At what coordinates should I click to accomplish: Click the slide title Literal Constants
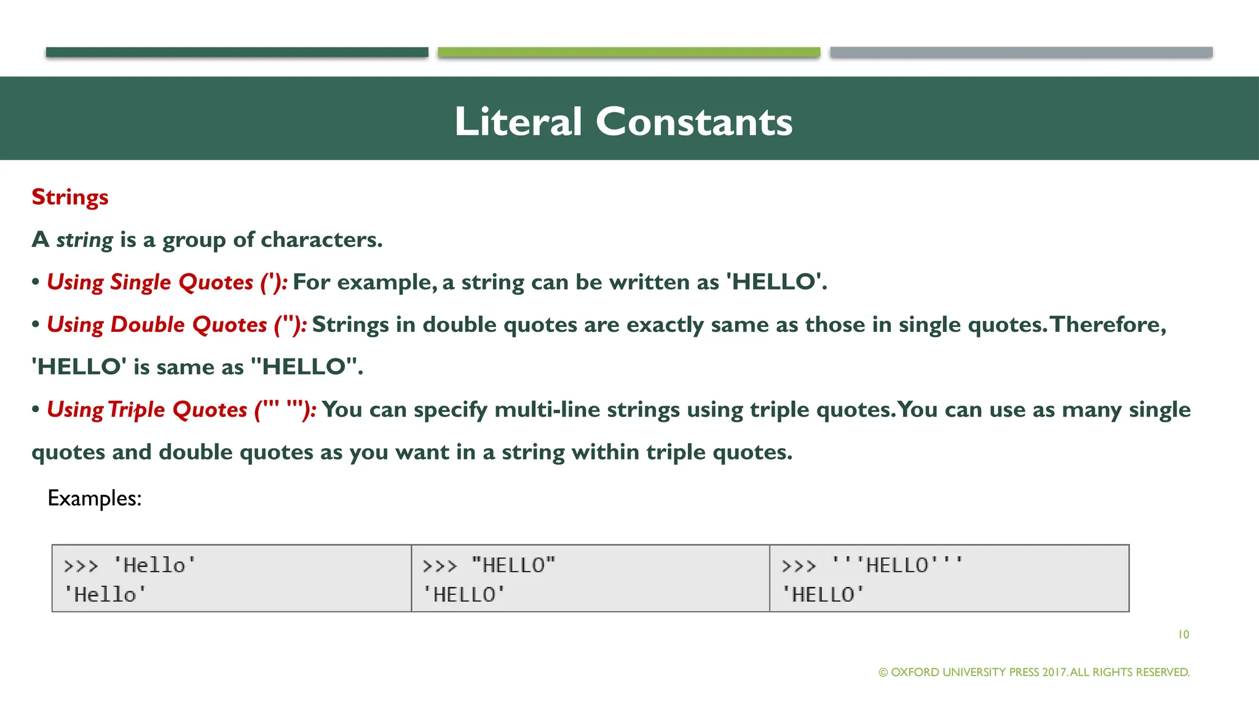[x=623, y=121]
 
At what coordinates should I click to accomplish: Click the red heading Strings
[x=70, y=197]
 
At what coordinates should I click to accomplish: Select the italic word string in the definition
[x=84, y=240]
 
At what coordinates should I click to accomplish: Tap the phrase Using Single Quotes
[x=150, y=282]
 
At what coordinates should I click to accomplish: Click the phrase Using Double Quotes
[x=157, y=324]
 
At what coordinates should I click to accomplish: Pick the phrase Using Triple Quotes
[x=147, y=410]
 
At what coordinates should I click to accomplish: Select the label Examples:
[x=95, y=498]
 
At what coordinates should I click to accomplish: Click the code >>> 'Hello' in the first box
[x=130, y=565]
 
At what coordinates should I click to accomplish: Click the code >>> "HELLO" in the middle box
[x=489, y=565]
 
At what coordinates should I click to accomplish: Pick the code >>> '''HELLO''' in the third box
[x=872, y=565]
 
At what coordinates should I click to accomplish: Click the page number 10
[x=1183, y=634]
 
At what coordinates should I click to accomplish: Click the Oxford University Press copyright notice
[x=1034, y=672]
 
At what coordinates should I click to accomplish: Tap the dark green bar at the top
[x=237, y=52]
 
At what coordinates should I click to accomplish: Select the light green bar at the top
[x=629, y=52]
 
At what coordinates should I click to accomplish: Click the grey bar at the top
[x=1021, y=52]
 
